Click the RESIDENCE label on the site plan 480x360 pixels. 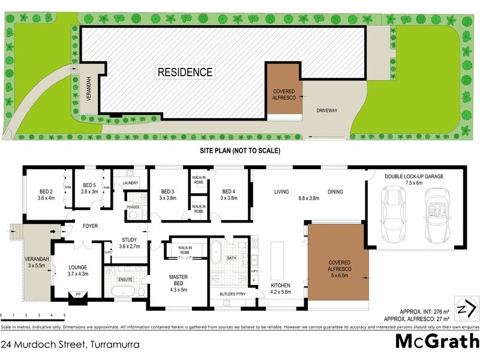[185, 73]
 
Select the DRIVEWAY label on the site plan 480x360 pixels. [328, 110]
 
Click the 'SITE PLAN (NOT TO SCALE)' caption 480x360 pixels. [240, 151]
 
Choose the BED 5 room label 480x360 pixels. [89, 188]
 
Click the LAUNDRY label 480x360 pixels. [130, 183]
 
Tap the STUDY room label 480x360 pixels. [130, 243]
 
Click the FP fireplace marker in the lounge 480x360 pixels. [77, 295]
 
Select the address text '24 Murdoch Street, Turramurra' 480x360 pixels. [71, 344]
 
